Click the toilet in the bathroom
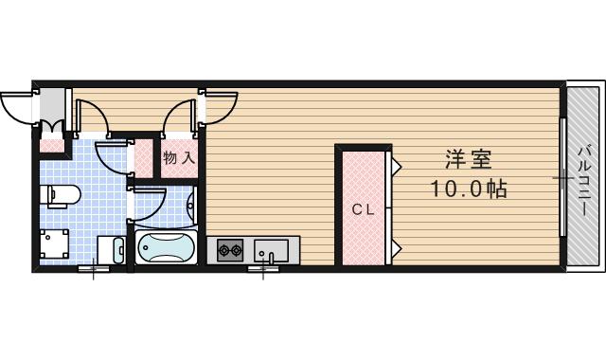(62, 195)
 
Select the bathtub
(166, 248)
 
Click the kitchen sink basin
(273, 251)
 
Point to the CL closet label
(364, 209)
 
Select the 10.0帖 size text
(470, 189)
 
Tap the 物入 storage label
(178, 157)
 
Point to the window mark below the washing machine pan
(93, 272)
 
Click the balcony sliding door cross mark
(562, 177)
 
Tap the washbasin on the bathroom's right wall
(190, 204)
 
